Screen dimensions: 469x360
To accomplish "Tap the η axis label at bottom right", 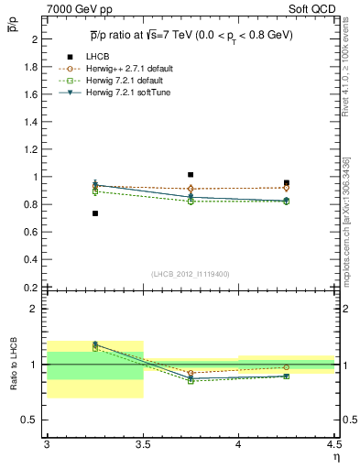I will point(336,456).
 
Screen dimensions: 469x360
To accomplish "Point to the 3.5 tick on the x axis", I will point(142,444).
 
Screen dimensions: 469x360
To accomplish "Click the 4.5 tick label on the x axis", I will point(333,444).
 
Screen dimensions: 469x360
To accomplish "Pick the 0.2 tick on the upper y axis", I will point(34,287).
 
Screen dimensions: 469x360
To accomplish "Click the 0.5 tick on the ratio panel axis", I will point(34,420).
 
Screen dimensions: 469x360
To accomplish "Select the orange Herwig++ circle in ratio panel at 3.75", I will point(191,373).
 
